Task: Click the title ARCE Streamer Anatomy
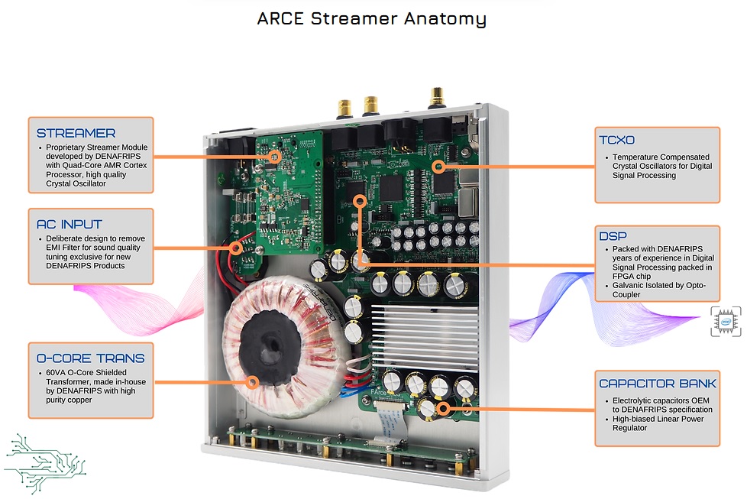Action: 372,18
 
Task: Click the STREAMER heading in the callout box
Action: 76,133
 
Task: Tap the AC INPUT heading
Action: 69,224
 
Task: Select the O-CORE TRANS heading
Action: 91,358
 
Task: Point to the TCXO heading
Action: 617,140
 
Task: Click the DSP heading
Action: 613,236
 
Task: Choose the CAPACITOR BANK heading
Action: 658,383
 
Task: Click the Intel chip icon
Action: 726,321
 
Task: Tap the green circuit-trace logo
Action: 44,463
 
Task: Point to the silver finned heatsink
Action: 425,336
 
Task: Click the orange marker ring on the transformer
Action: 253,382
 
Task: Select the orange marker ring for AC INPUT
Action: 235,248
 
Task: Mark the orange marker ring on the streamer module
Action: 274,157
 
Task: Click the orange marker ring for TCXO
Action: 439,167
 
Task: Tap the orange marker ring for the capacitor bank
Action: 443,408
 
